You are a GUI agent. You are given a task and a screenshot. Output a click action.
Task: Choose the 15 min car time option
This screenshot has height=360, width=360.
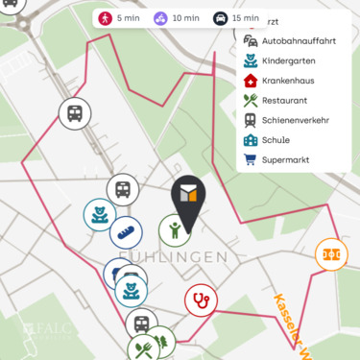click(235, 18)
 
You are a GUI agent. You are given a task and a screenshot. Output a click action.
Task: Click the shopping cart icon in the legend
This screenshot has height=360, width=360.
click(251, 159)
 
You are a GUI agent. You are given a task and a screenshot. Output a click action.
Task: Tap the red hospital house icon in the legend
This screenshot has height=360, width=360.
click(251, 81)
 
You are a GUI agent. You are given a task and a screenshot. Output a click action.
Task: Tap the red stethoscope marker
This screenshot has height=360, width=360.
click(201, 300)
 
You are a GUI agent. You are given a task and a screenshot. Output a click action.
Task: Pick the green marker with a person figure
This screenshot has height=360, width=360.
click(174, 230)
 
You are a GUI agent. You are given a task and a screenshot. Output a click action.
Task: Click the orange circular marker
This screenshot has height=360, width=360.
click(332, 254)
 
